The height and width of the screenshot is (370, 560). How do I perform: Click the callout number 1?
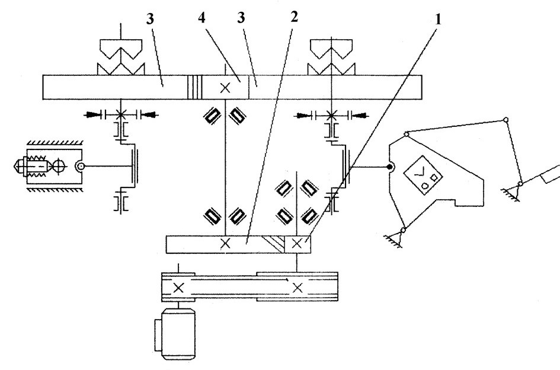coord(438,20)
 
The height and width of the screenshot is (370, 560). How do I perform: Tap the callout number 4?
coord(202,18)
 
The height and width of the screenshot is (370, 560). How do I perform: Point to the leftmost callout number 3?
coord(150,19)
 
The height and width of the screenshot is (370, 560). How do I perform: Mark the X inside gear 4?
coord(225,88)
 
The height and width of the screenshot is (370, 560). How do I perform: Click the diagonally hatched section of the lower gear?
coord(273,244)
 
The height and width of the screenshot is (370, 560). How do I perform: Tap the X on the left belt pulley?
coord(178,288)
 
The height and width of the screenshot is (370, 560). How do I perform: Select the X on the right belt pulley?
coord(297,288)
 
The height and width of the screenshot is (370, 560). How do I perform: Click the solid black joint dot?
coord(390,167)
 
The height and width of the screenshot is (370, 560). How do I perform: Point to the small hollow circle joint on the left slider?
coord(81,166)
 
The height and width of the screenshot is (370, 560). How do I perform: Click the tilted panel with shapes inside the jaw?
coord(423,175)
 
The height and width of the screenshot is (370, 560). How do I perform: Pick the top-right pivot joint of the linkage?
coord(505,119)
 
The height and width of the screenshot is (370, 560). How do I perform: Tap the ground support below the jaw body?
coord(394,238)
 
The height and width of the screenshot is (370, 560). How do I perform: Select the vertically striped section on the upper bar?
coord(195,87)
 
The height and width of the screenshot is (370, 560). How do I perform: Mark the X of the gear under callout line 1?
coord(297,244)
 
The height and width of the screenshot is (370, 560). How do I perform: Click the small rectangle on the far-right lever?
coord(551,175)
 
